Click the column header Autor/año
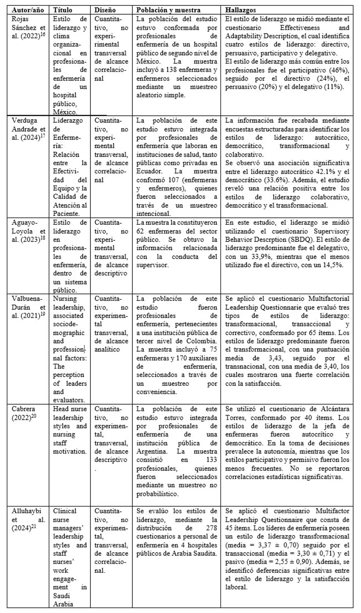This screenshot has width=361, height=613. pos(28,10)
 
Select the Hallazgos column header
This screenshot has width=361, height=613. pos(240,10)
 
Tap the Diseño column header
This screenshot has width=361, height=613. pos(105,10)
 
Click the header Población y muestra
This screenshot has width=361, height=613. pos(169,10)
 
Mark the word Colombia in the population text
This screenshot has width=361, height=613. pos(202,341)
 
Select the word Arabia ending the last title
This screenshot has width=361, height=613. pos(63,604)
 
